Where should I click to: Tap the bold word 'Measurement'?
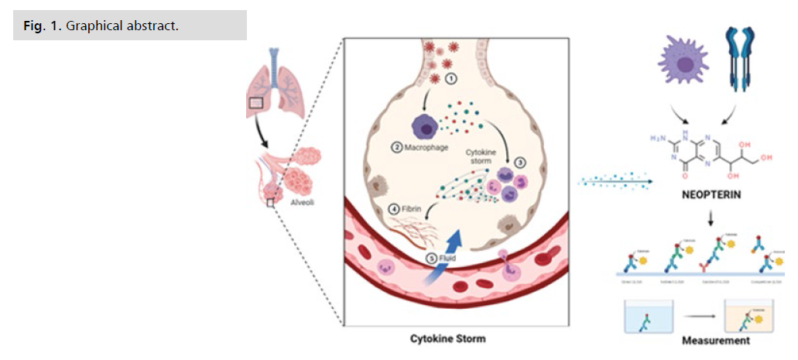click(x=716, y=340)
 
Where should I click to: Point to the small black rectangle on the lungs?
click(x=256, y=101)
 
